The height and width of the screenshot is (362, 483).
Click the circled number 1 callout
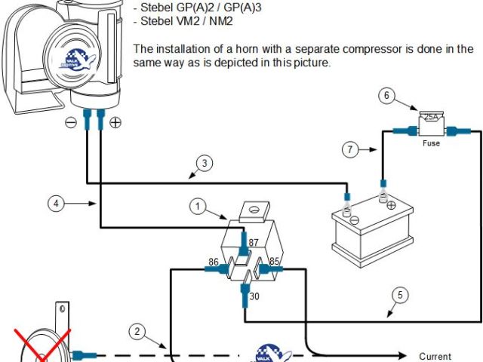[198, 205]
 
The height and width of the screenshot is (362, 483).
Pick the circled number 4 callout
[55, 203]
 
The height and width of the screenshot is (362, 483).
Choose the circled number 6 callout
[386, 96]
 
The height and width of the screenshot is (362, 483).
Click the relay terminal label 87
[254, 241]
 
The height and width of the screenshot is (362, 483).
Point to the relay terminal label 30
[254, 296]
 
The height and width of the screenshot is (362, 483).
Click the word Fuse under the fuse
[431, 143]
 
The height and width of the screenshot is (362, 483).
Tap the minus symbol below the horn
[70, 123]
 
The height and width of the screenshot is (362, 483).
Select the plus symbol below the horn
[115, 123]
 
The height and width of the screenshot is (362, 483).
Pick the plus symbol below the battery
[391, 204]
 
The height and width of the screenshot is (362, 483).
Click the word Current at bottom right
[435, 356]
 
